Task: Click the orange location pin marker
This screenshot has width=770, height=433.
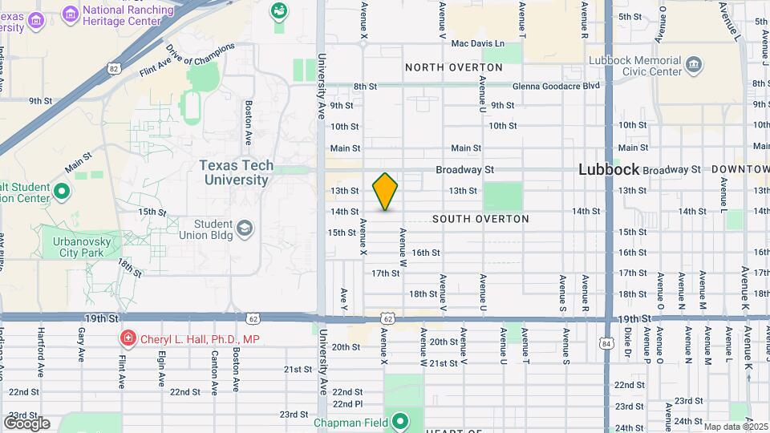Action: (x=386, y=191)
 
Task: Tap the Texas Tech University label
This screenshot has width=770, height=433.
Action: (x=237, y=172)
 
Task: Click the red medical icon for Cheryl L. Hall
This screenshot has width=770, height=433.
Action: (x=127, y=339)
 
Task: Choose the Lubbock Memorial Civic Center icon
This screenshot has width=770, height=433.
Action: (x=694, y=63)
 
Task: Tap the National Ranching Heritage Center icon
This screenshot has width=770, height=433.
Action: (x=70, y=14)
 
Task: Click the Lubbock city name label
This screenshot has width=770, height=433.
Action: (x=610, y=169)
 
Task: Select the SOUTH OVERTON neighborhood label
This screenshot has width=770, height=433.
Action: (x=480, y=219)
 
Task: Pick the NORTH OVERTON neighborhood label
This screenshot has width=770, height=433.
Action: (x=453, y=67)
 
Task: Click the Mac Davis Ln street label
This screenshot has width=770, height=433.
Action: (x=478, y=43)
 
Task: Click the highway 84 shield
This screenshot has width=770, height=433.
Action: (x=603, y=343)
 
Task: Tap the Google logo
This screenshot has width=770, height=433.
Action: (x=26, y=423)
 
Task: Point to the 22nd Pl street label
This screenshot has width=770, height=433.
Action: (x=347, y=403)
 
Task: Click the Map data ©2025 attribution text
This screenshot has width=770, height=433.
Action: (x=736, y=427)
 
